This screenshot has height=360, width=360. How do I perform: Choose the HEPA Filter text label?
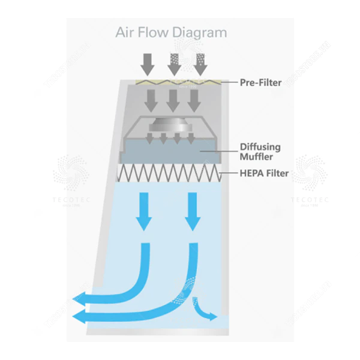265,174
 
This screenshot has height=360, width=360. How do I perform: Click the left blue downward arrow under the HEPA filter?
144,210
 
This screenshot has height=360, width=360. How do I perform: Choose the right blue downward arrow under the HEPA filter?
192,210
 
